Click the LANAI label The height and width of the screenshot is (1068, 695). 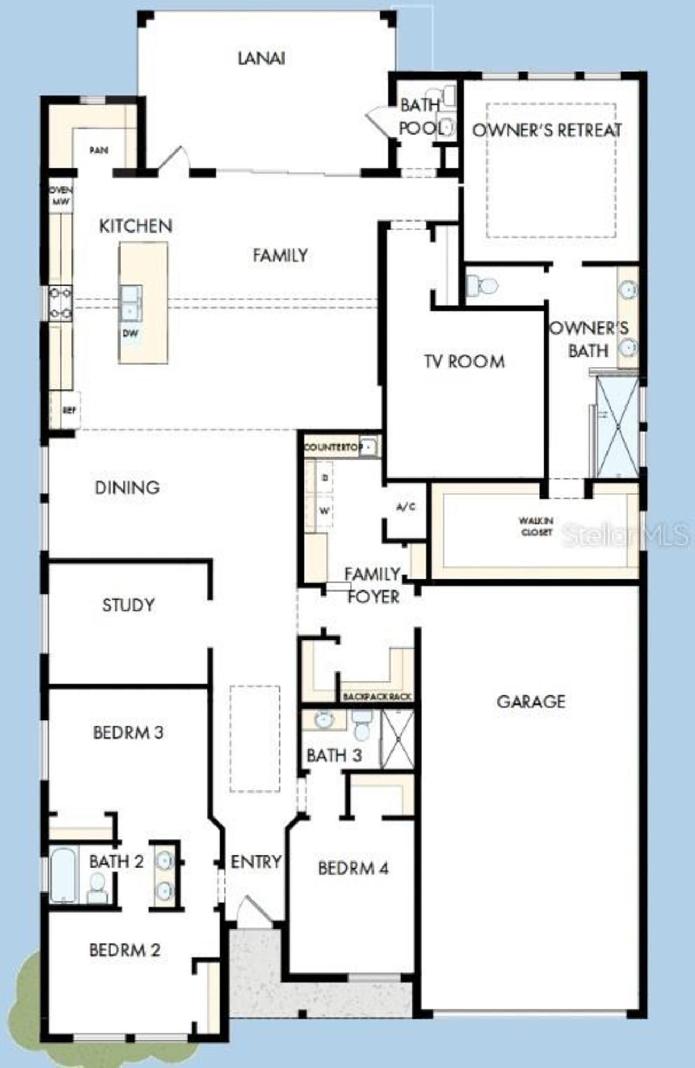click(261, 58)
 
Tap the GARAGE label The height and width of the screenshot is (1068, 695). click(530, 701)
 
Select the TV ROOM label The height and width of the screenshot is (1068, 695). click(464, 361)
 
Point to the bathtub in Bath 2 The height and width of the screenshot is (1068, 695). click(64, 875)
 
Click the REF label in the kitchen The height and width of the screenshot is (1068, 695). click(69, 411)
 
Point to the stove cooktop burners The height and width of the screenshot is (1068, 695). click(60, 303)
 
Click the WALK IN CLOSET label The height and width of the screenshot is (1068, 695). click(536, 527)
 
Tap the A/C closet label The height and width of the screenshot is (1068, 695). click(406, 507)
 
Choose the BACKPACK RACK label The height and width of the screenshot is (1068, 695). click(377, 696)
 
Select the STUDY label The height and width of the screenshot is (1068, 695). click(128, 605)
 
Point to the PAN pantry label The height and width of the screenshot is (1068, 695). click(98, 150)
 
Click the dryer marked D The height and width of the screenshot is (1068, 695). click(325, 478)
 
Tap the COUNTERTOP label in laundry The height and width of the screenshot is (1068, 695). click(333, 447)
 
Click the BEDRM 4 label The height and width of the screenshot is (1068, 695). click(353, 868)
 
